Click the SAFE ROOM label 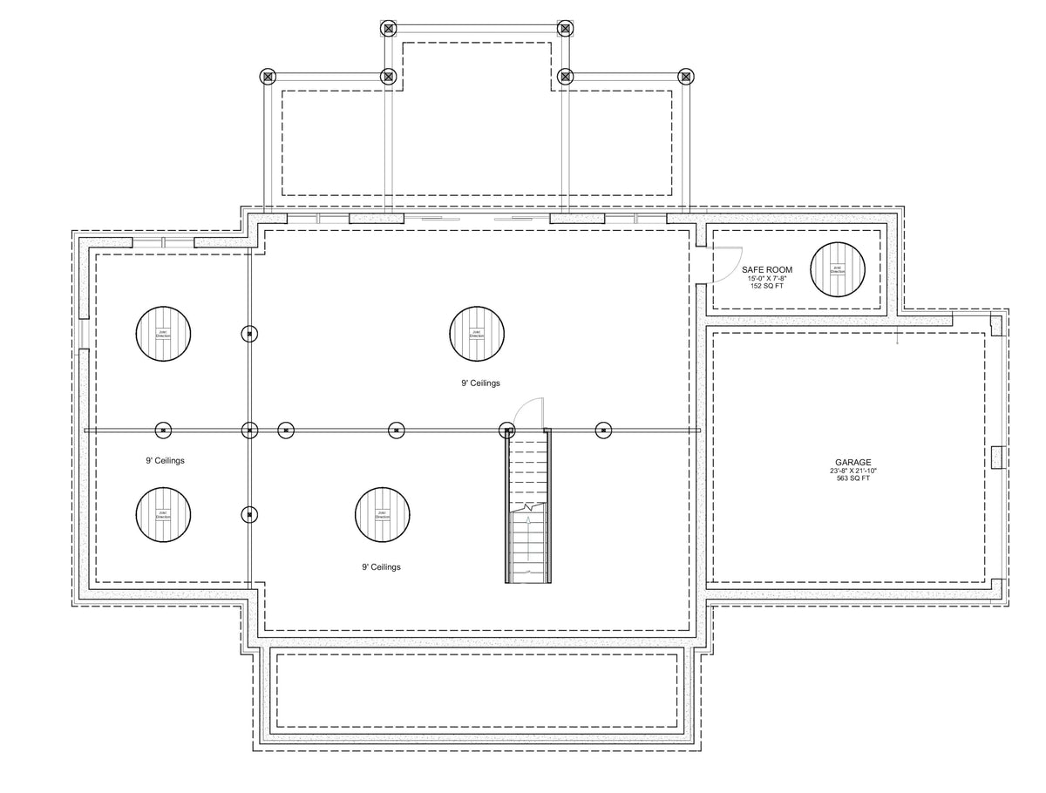(x=767, y=270)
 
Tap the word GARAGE (x=852, y=463)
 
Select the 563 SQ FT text (x=852, y=478)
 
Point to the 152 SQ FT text (x=767, y=286)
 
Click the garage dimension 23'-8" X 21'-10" (x=852, y=471)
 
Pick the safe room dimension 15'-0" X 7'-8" (x=767, y=278)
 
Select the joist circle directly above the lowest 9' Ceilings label (x=382, y=514)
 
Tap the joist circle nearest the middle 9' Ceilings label (x=478, y=334)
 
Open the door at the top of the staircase (x=528, y=413)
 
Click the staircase (x=528, y=510)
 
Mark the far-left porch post (x=268, y=77)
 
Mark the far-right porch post (x=686, y=77)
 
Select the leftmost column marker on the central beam (x=163, y=430)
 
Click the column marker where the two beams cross (x=249, y=430)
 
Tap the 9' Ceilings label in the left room (x=165, y=460)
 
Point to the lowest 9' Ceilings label (x=381, y=567)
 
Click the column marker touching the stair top (x=506, y=430)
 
